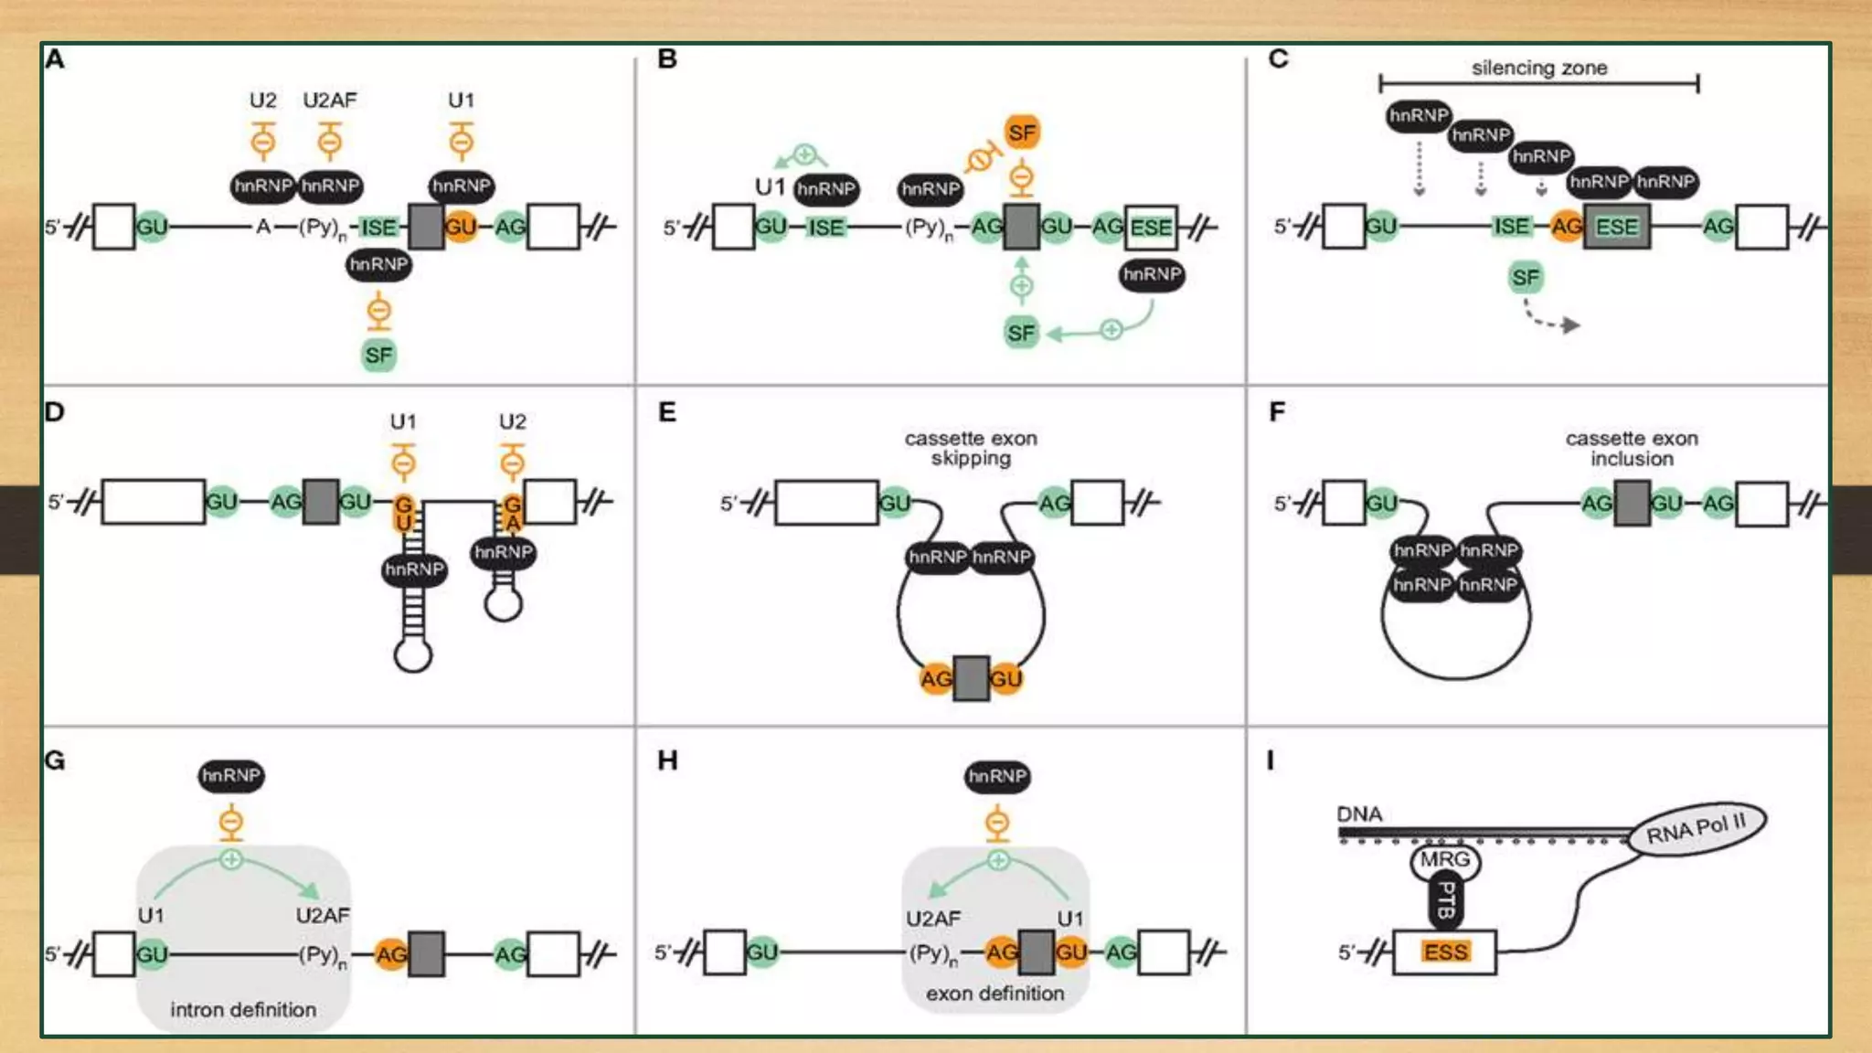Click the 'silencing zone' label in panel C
(x=1538, y=68)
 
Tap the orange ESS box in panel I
(x=1445, y=952)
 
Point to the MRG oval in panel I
(x=1444, y=859)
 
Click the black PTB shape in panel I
(x=1445, y=900)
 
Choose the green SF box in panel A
(x=378, y=356)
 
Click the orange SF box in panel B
(x=1021, y=133)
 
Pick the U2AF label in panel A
(x=330, y=100)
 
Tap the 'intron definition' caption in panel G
(x=243, y=1009)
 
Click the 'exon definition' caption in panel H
(x=994, y=993)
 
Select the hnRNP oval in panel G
(x=231, y=776)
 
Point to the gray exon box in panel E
(x=971, y=678)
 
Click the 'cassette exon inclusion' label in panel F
(x=1632, y=448)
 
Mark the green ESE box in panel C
(x=1616, y=227)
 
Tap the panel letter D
(x=55, y=412)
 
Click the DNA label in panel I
(x=1359, y=814)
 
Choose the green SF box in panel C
(x=1525, y=278)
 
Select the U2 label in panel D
(x=513, y=421)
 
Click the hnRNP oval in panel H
(x=996, y=777)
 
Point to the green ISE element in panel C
(x=1511, y=227)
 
